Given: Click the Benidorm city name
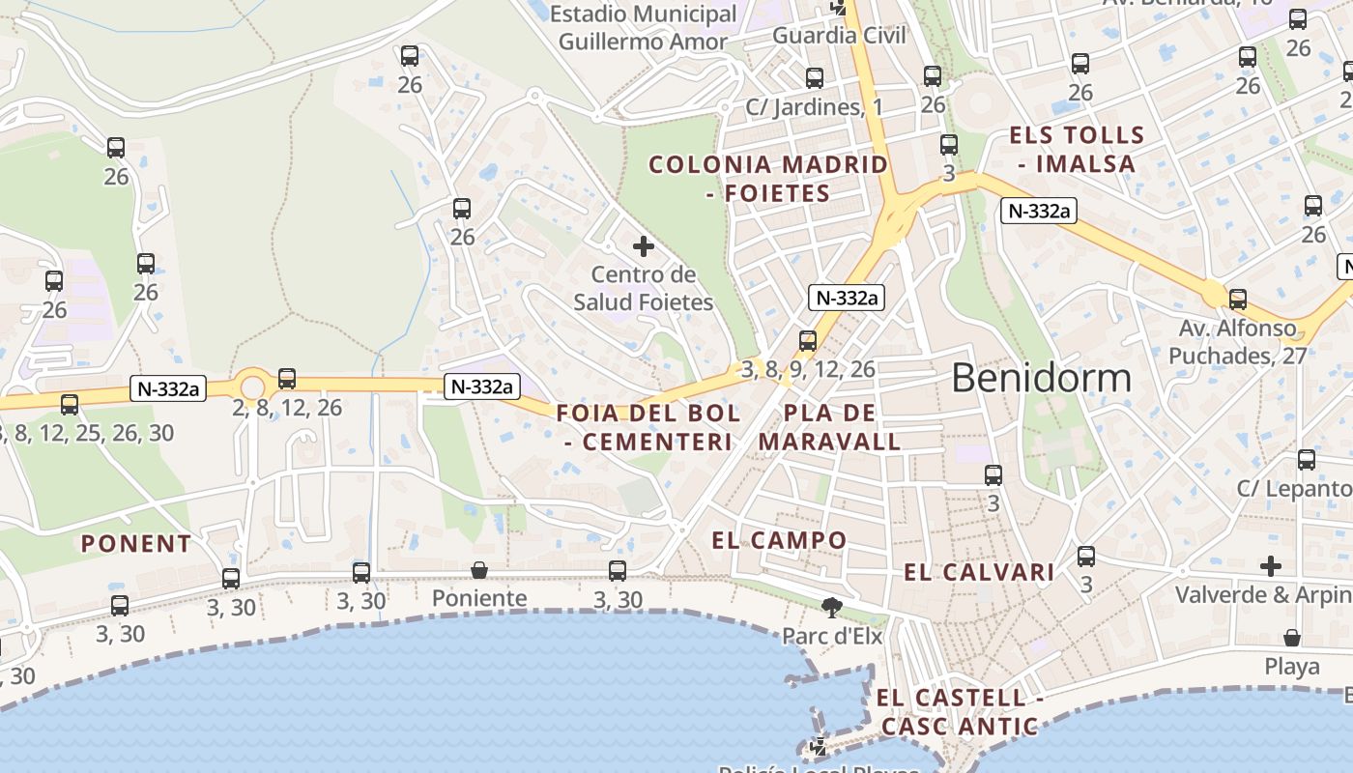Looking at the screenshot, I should pos(1041,378).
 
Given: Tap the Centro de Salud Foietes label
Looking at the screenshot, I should pos(644,288).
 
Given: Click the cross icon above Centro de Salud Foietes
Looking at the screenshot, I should pos(644,246).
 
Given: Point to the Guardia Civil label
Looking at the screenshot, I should pos(840,36).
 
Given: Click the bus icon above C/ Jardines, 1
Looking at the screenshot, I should pos(815,78).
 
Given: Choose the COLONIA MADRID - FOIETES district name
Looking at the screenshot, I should pos(768,179).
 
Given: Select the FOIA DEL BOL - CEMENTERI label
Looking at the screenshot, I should pos(648,427).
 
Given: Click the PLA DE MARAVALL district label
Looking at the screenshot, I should pos(830,427).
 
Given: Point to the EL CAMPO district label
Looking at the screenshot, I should pos(779,540).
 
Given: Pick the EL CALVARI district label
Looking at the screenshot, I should pos(979,572).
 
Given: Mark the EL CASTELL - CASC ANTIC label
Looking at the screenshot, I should pos(960,711).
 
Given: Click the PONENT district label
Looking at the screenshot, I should pos(136,544).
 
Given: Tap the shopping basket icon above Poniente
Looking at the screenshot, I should pos(479,570).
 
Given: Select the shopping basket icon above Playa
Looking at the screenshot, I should pos(1292,638).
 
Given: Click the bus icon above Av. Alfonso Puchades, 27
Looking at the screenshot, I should pos(1238,299).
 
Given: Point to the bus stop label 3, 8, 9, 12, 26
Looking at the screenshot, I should pos(808,369).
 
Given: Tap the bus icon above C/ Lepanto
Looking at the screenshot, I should pos(1307,460).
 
